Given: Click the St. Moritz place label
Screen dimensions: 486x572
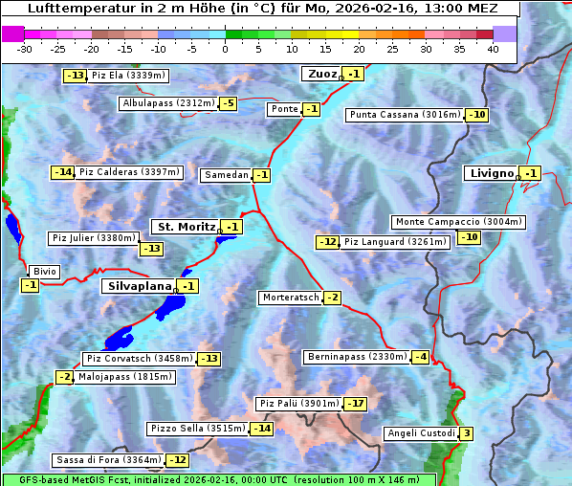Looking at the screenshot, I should tap(185, 227).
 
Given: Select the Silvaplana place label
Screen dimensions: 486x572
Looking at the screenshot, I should tap(139, 286).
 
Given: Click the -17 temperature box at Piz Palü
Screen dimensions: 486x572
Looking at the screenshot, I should tap(356, 404).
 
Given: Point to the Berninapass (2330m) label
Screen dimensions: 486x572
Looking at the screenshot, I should tap(357, 357).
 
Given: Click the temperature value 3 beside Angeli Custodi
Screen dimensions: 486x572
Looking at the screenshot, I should tap(466, 433).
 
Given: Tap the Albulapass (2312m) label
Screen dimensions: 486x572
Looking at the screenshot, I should tap(168, 103).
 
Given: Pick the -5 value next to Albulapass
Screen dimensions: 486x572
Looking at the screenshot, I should tap(228, 103).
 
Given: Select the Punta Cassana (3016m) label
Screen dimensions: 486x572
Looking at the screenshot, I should tap(405, 115).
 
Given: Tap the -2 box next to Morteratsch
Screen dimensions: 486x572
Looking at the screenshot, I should tap(332, 298).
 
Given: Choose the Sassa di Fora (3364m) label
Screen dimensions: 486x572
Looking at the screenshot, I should tap(108, 460).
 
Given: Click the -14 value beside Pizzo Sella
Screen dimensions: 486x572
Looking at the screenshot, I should tap(262, 429).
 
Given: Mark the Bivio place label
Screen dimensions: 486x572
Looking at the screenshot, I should tap(45, 272).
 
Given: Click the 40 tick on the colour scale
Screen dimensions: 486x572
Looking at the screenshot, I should tap(493, 48).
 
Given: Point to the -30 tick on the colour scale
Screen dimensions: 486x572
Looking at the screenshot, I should tap(26, 48).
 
